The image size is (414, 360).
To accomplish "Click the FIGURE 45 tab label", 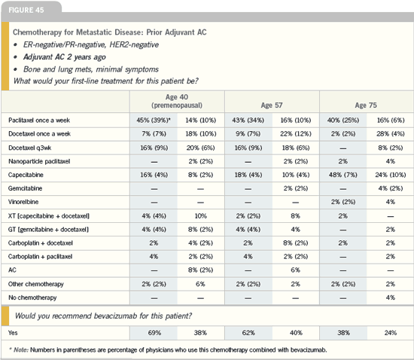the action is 26,10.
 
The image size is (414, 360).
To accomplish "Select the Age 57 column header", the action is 272,105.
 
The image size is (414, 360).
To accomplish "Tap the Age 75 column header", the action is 366,105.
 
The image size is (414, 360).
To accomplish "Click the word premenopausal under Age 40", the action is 177,105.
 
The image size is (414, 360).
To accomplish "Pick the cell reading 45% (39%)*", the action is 154,121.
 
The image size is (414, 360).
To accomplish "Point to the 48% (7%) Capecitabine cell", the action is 343,175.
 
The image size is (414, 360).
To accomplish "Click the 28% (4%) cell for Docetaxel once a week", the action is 391,134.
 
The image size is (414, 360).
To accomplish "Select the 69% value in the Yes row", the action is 154,333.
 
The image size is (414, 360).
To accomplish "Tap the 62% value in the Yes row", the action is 248,333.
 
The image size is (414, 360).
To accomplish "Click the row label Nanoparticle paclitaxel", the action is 39,161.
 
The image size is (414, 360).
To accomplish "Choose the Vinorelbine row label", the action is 23,202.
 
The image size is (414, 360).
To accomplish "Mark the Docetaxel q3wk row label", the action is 29,148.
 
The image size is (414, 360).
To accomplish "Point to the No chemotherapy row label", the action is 32,297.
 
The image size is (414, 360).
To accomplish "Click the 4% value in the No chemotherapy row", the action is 391,297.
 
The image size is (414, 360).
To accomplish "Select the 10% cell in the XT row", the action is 201,216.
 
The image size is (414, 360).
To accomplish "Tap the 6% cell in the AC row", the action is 296,270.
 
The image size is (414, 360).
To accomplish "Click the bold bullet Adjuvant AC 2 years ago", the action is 65,57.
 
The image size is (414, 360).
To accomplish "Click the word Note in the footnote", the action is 21,350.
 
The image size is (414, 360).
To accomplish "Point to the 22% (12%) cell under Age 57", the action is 296,134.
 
